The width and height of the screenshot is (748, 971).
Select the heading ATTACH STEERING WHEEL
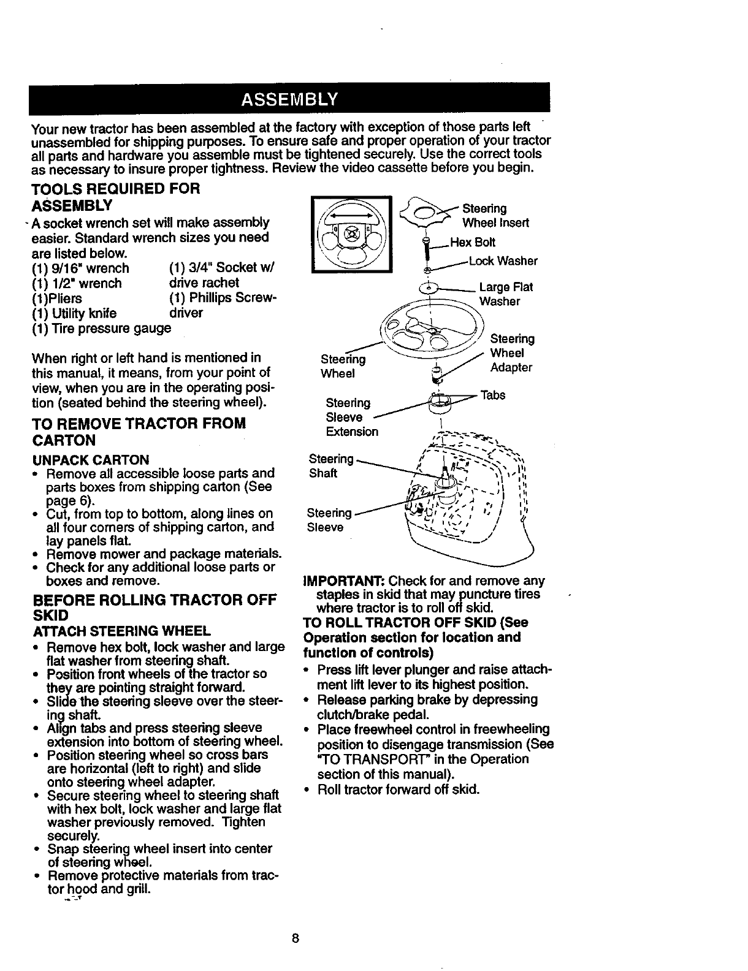click(121, 630)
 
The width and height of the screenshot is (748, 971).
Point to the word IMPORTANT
click(344, 581)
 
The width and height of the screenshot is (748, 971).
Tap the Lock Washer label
click(503, 261)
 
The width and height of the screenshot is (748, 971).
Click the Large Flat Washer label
click(505, 294)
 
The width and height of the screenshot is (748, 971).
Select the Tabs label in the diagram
click(492, 395)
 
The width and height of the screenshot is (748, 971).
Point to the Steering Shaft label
click(331, 466)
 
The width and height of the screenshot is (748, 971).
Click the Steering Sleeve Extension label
click(351, 417)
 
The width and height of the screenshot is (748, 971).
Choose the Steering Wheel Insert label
click(495, 216)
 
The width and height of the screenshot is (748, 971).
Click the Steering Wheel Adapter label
click(511, 353)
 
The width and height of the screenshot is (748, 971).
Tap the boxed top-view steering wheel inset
click(351, 234)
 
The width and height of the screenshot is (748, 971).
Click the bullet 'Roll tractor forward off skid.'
click(398, 789)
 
